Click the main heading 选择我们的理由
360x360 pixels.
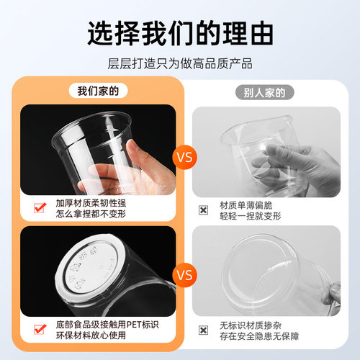pyautogui.click(x=180, y=33)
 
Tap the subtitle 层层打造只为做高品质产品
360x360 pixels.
pyautogui.click(x=180, y=63)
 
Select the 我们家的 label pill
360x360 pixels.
pyautogui.click(x=98, y=91)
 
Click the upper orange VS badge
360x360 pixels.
pyautogui.click(x=184, y=155)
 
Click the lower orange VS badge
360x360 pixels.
pyautogui.click(x=184, y=274)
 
